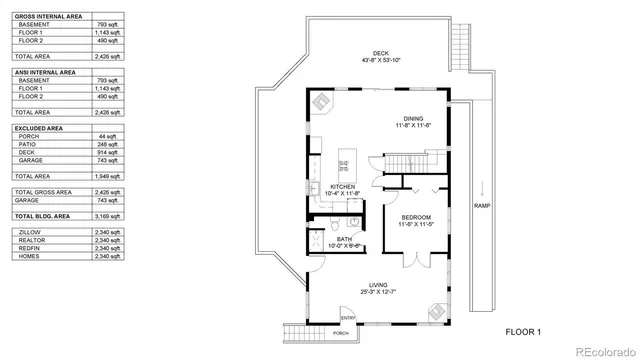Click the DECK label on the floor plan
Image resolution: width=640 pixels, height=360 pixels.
[380, 55]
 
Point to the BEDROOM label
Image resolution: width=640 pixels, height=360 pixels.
[416, 219]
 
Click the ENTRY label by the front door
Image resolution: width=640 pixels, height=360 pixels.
[347, 319]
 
